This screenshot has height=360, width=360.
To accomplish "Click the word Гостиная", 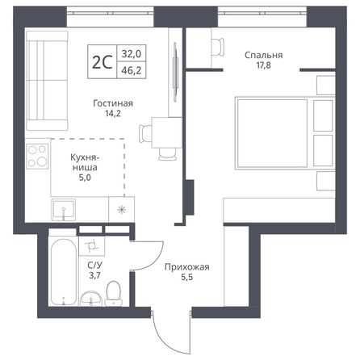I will coord(112,103).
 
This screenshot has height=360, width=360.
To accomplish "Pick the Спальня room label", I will coord(264,56).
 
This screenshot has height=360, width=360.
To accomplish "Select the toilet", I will coord(115,291).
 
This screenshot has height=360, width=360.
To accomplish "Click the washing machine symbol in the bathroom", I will coord(92,242).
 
